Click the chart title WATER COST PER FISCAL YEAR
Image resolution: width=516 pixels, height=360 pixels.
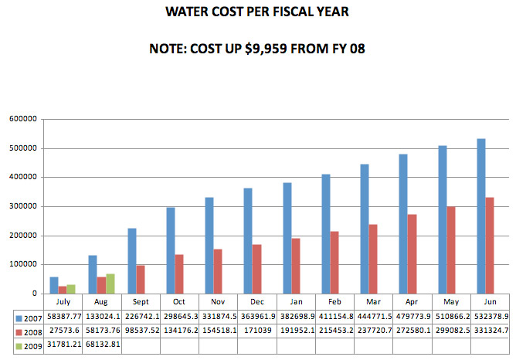coord(257,13)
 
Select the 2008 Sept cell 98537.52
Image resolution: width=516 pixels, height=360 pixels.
coord(141,331)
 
